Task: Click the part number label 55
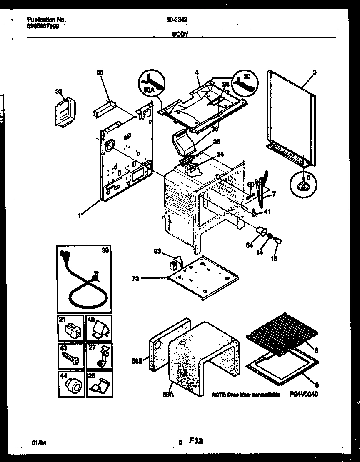[x=100, y=72]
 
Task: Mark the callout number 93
[x=157, y=251]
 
